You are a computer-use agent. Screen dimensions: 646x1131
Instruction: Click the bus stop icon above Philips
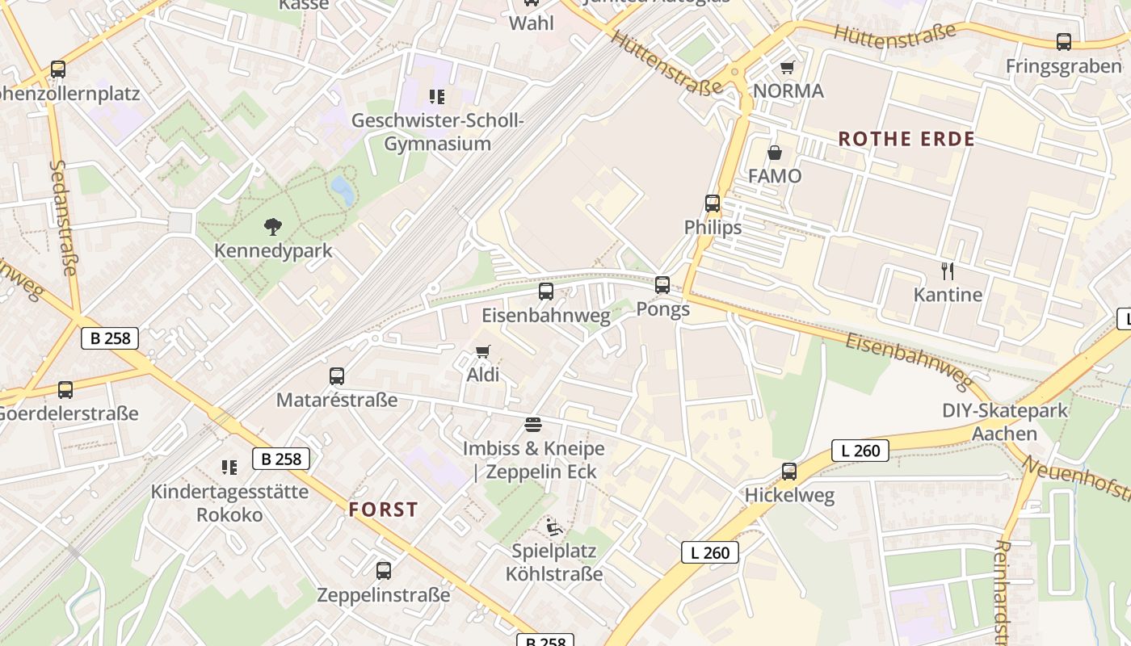[712, 203]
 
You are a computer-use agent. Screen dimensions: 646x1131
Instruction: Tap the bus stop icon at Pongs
[662, 284]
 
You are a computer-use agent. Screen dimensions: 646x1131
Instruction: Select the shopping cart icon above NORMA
[788, 67]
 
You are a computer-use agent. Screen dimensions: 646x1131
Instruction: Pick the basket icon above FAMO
[774, 152]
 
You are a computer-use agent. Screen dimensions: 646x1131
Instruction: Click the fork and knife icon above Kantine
[948, 271]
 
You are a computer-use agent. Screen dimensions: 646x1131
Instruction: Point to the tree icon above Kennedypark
[273, 227]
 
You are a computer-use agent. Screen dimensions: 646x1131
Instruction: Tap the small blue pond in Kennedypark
[343, 191]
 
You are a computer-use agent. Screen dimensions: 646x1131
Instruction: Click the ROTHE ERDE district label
[906, 139]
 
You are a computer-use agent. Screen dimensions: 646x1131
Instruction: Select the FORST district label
[384, 510]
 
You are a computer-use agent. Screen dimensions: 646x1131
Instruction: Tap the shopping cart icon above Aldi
[483, 351]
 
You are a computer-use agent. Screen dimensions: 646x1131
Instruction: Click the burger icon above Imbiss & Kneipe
[532, 424]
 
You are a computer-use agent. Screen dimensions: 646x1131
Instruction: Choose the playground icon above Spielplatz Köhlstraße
[553, 527]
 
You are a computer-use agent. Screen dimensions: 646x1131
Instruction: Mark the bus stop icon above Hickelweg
[789, 472]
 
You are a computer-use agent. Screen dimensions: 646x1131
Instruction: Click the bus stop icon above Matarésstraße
[337, 375]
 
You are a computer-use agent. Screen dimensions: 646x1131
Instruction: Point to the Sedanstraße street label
[62, 218]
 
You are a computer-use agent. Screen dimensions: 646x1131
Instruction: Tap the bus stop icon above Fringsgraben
[1064, 42]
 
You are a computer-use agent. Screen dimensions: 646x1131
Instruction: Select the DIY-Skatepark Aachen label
[1004, 422]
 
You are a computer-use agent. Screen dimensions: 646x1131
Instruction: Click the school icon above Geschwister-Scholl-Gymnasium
[437, 98]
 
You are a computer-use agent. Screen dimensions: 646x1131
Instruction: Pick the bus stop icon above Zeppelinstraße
[383, 571]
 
